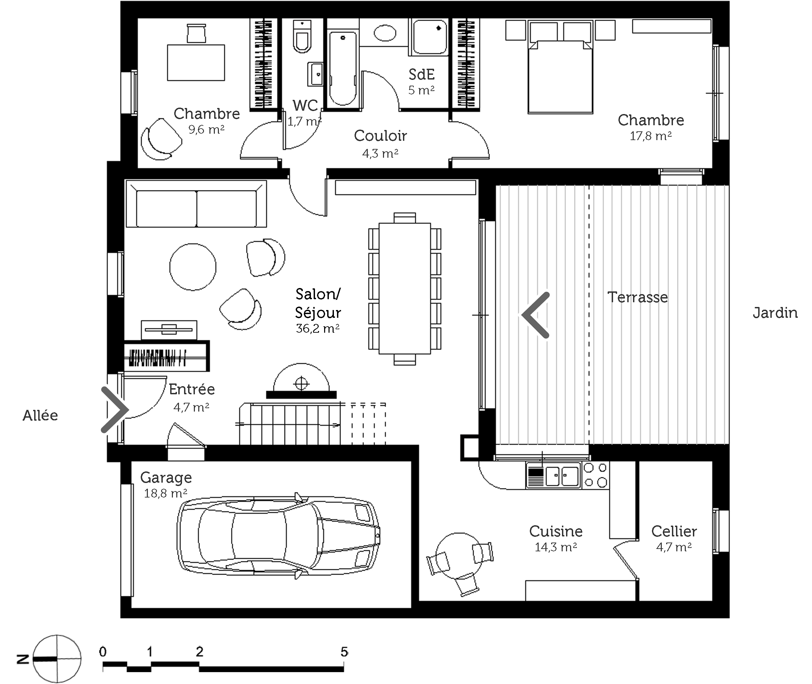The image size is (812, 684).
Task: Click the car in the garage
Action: [278, 535]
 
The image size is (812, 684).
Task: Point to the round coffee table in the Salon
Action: [193, 267]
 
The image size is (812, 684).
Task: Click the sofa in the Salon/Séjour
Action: [196, 203]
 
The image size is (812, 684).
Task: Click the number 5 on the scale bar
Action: [344, 652]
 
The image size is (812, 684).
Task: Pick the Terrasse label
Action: [637, 297]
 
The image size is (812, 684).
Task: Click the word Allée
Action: [40, 415]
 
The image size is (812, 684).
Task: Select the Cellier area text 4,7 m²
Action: [674, 547]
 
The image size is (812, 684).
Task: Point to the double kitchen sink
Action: [562, 476]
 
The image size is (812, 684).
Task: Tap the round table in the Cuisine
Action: [459, 556]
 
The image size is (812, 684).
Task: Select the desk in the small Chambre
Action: [196, 62]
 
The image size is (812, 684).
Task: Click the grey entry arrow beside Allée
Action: [115, 409]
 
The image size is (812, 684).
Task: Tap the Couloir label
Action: [380, 136]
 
